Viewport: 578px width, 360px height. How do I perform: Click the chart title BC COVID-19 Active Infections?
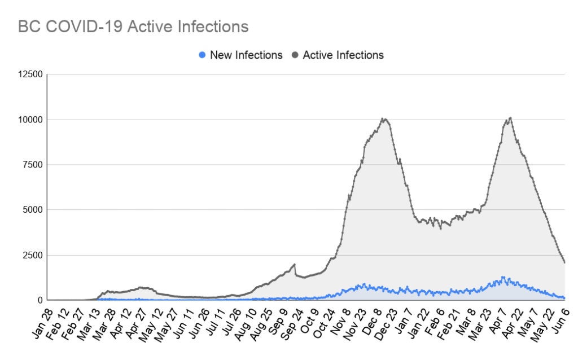tap(133, 27)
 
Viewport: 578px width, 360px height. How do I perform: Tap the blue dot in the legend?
tap(202, 55)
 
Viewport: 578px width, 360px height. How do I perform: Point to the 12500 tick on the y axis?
tap(29, 74)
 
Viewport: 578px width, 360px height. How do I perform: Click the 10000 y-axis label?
tap(29, 120)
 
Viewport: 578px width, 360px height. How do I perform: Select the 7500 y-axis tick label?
tap(32, 165)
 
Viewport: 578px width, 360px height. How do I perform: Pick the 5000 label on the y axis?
tap(32, 210)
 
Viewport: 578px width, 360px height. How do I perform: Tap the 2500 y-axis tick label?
tap(32, 255)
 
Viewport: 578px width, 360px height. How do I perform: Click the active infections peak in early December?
tap(383, 118)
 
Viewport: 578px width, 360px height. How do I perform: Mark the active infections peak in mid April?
tap(510, 118)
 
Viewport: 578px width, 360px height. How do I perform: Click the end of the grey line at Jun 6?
tap(565, 262)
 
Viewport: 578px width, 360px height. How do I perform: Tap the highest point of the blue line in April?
tap(502, 277)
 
